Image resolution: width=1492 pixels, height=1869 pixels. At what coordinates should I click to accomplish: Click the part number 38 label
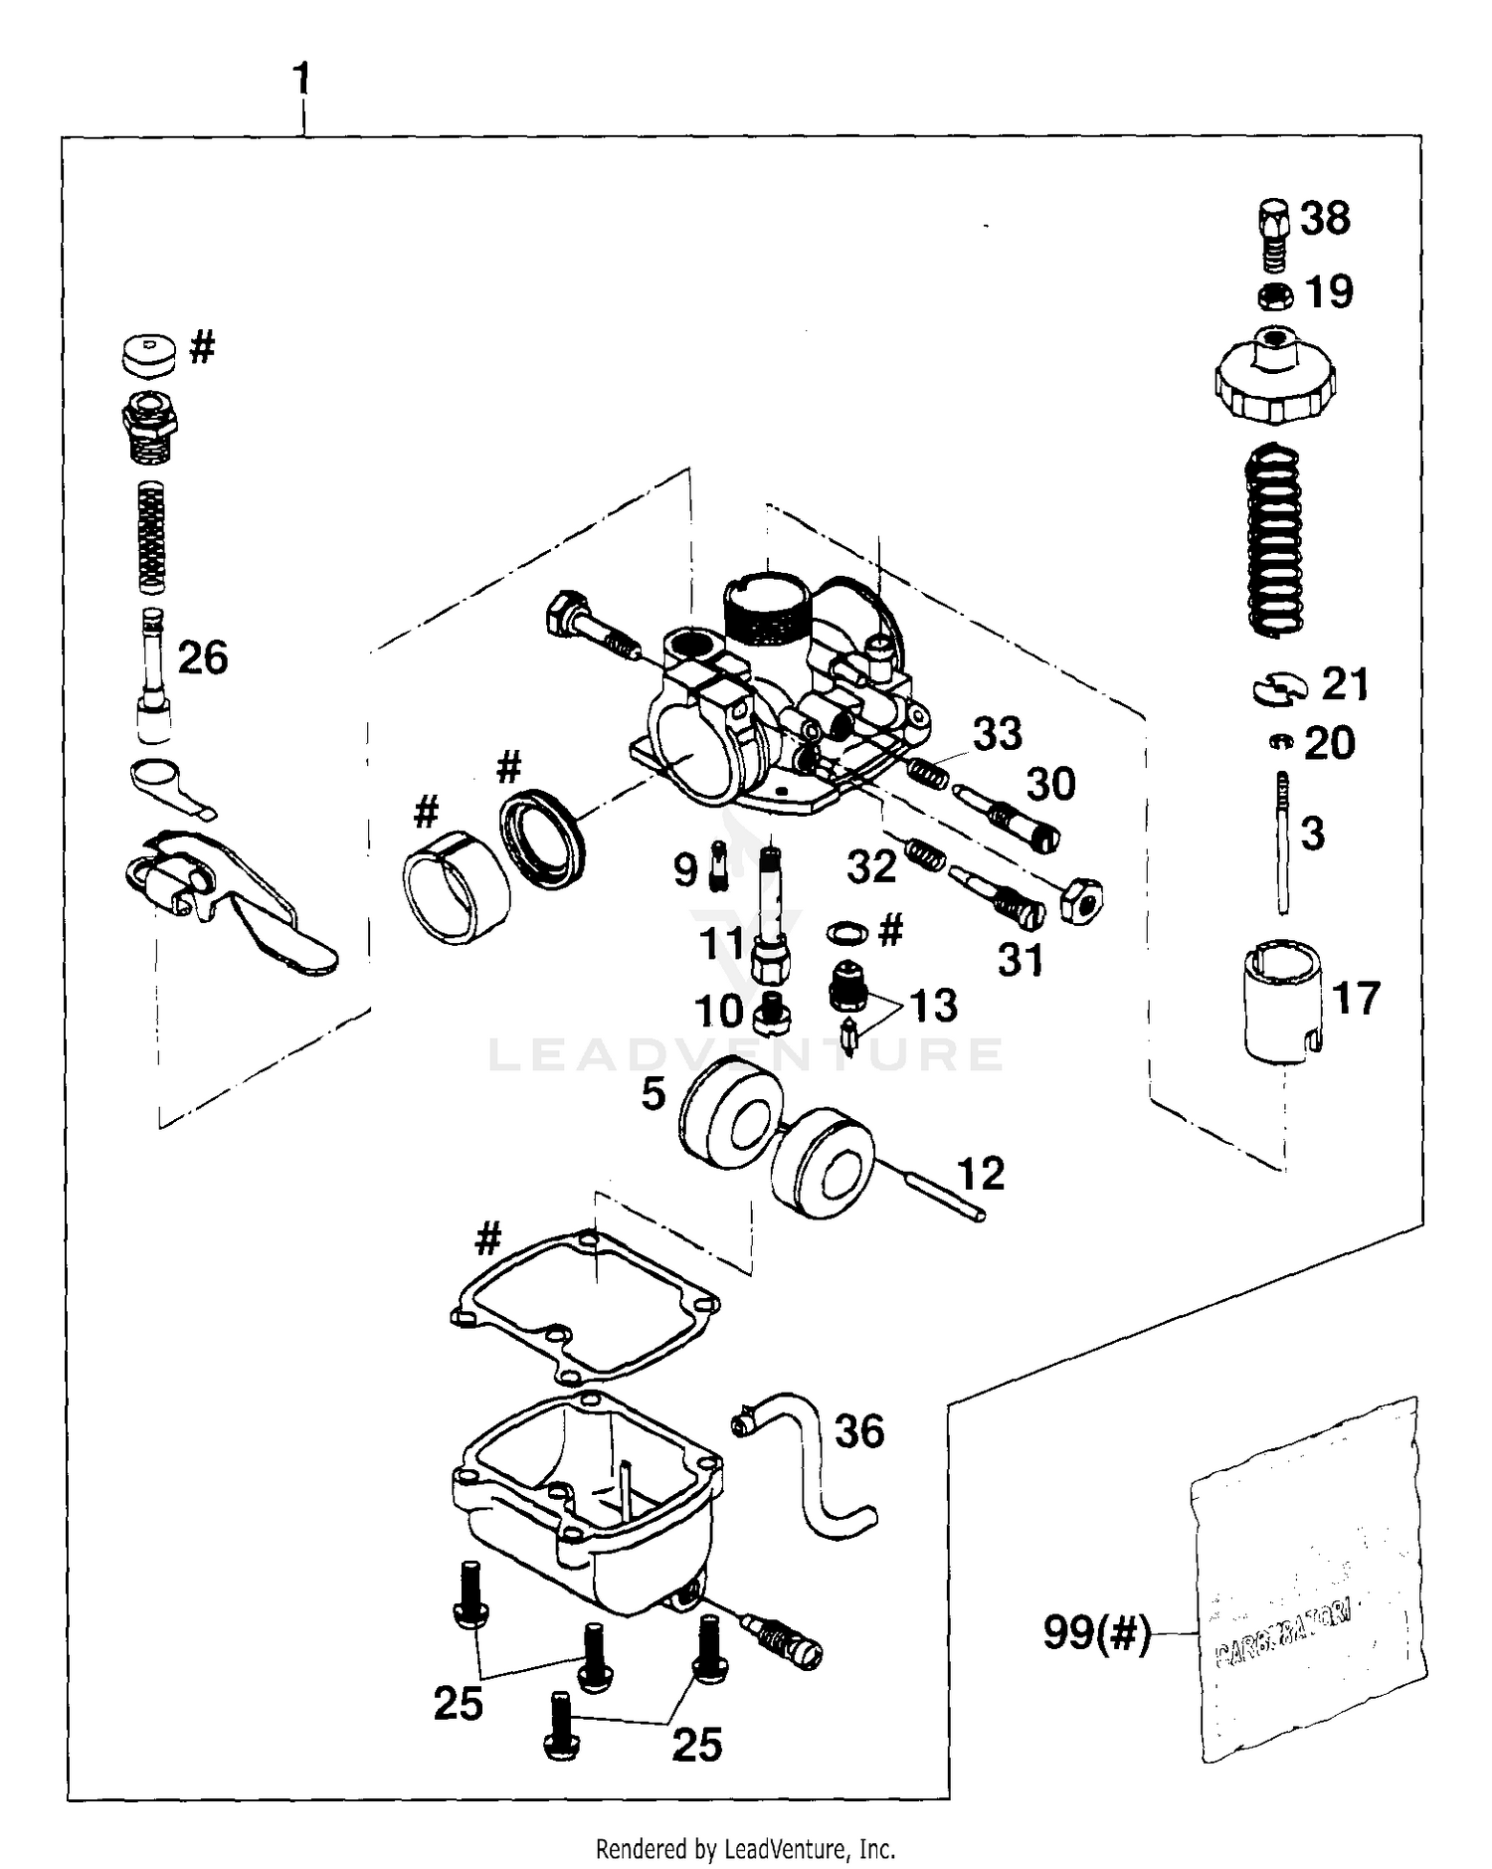1325,218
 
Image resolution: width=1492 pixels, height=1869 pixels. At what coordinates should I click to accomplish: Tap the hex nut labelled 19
1276,295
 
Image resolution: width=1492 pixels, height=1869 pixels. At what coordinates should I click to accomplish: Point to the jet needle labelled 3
1284,841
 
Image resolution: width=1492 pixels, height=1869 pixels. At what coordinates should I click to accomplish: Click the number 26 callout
203,657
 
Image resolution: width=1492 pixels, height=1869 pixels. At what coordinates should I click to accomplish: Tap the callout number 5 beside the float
653,1094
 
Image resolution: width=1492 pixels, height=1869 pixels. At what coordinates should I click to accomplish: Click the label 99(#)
1096,1633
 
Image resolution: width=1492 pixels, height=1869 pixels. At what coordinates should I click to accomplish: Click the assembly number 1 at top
301,79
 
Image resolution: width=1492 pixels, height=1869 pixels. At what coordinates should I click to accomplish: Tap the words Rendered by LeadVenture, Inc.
745,1850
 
